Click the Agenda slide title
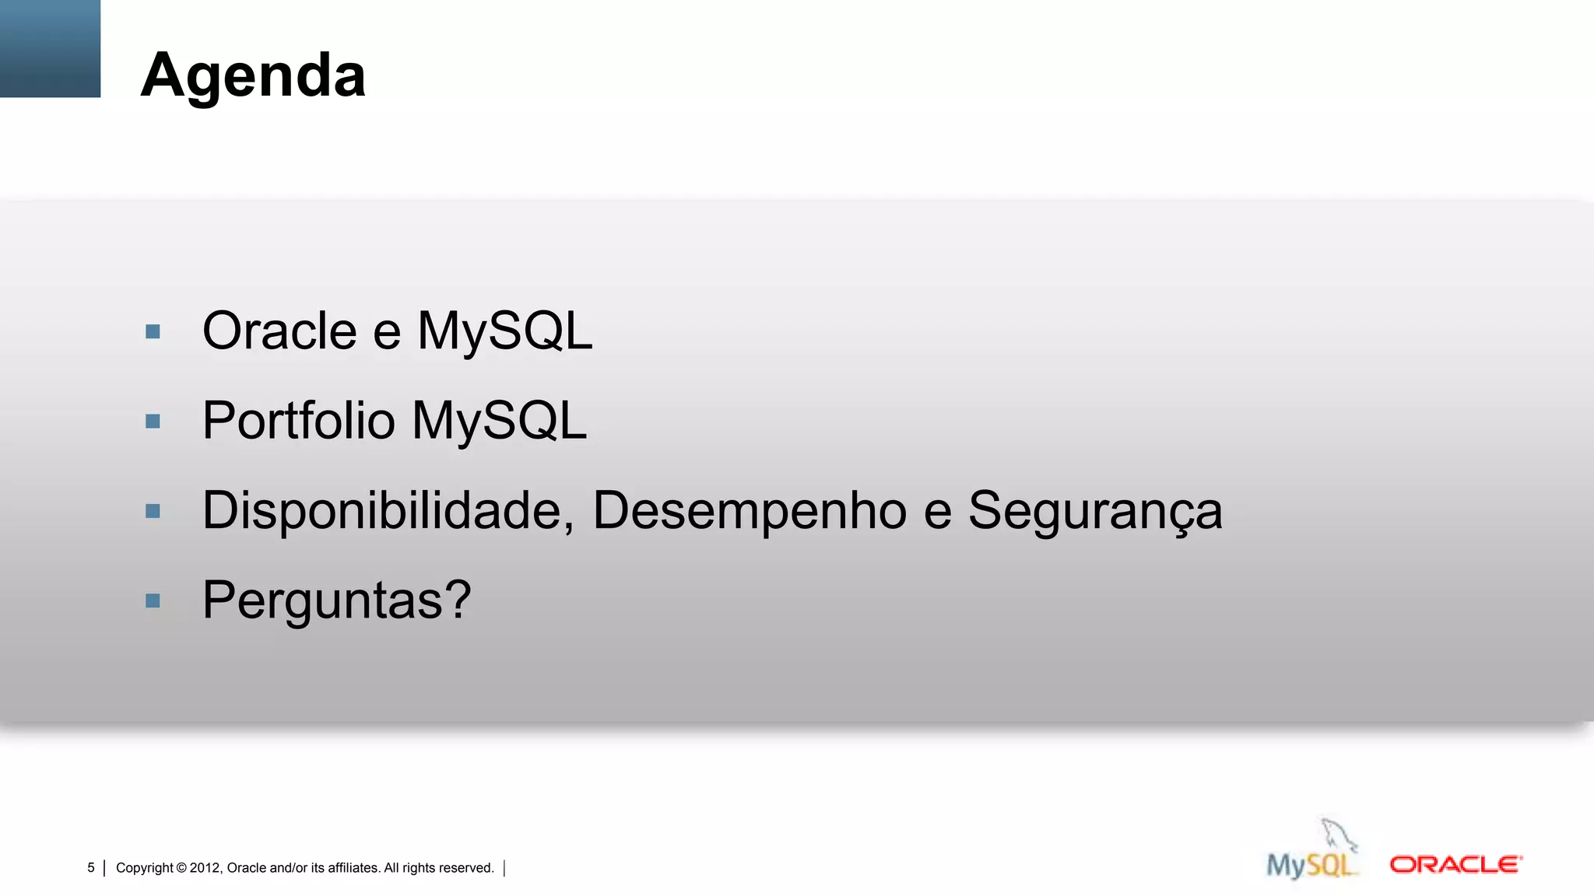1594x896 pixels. coord(253,75)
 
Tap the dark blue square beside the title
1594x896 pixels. coord(50,48)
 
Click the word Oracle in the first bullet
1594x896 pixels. coord(279,331)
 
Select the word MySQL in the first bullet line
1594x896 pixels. coord(504,331)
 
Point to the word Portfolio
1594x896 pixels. coord(298,421)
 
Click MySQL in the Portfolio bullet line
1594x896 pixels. coord(499,421)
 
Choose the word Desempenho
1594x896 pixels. coord(750,511)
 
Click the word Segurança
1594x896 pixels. coord(1094,511)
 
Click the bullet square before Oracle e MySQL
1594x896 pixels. coord(153,332)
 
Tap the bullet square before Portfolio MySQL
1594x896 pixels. coord(153,422)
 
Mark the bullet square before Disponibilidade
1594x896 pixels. coord(153,511)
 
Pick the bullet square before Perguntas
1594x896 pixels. coord(153,600)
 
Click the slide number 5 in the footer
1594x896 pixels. coord(91,868)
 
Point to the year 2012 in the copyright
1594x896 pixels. coord(205,868)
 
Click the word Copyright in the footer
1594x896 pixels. coord(144,868)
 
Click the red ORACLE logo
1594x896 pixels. coord(1455,865)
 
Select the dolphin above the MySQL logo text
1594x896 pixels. coord(1338,835)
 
